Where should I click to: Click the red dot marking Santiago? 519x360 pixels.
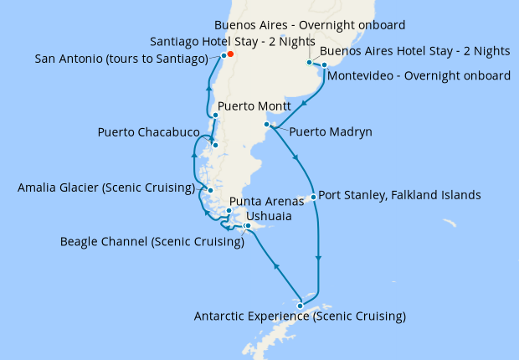pos(229,56)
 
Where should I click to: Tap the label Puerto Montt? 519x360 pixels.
pos(254,108)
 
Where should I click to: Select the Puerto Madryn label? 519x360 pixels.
pos(331,131)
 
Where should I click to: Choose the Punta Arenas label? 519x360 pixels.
pos(265,202)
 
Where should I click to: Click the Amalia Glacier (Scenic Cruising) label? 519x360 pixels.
pos(106,188)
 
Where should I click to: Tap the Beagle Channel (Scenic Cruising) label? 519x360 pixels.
pos(152,242)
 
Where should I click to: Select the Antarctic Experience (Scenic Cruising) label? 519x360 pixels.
pos(300,316)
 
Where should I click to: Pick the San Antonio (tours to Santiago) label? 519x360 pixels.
pos(122,59)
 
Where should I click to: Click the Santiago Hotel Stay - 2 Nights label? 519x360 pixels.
pos(232,41)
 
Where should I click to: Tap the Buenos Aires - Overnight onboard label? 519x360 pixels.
pos(310,25)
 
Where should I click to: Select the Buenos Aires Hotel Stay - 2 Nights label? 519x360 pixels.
pos(414,51)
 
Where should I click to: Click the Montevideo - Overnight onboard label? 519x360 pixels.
pos(419,76)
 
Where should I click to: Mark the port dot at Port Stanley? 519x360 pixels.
pos(313,198)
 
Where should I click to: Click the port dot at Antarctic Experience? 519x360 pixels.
pos(300,306)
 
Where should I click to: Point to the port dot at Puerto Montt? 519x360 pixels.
pos(216,116)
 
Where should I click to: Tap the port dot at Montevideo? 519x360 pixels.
pos(324,64)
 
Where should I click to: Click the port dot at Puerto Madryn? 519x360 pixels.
pos(266,125)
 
